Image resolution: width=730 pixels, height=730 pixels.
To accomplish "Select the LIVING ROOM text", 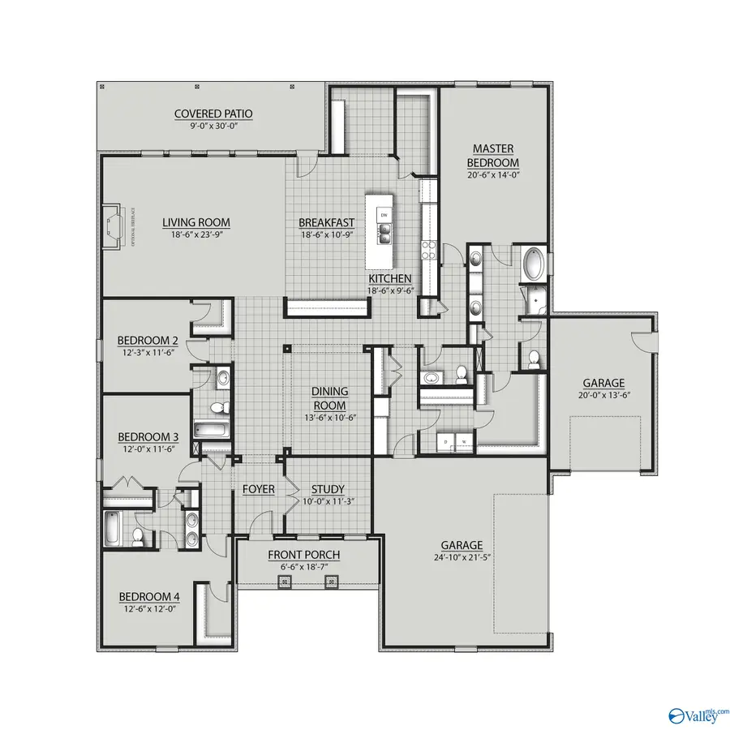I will (195, 222).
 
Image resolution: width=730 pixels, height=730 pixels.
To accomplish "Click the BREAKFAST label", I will (327, 222).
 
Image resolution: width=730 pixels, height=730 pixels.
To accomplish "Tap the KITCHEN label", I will (389, 278).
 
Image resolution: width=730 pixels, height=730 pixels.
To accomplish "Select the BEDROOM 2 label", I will (148, 340).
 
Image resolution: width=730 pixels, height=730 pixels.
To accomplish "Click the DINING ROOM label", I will (329, 398).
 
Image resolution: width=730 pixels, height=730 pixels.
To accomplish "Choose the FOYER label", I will (259, 489).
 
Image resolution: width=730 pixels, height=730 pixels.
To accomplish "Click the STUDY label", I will (328, 489).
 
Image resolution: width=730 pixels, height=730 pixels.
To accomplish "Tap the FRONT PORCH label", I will (304, 555).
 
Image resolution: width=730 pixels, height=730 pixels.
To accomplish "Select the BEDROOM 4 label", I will (149, 597).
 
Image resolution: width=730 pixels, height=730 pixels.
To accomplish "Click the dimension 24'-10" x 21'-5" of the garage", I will (462, 558).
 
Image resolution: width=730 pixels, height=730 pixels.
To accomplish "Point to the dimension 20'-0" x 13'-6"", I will (603, 395).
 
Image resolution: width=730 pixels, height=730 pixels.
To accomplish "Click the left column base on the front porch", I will (285, 581).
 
